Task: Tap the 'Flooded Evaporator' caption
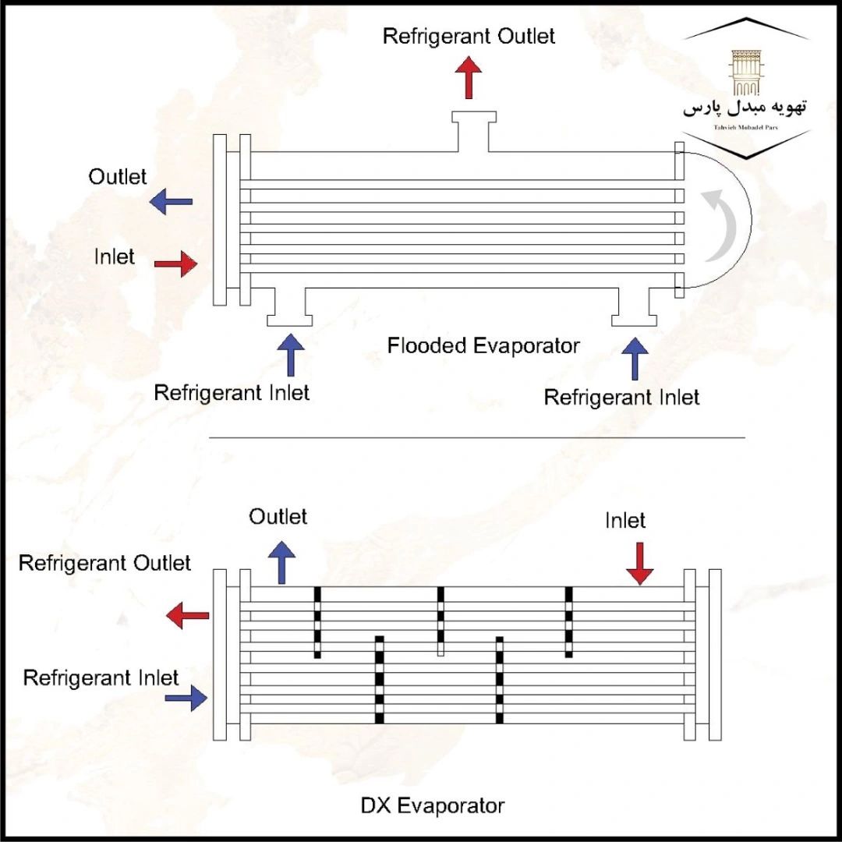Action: coord(483,345)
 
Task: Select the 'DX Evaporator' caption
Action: coord(433,805)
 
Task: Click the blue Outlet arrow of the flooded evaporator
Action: coord(172,202)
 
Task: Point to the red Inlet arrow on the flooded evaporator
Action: coord(175,264)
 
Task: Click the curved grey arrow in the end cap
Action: coord(723,225)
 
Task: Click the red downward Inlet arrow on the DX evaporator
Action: coord(640,563)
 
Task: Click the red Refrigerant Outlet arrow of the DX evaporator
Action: coord(188,616)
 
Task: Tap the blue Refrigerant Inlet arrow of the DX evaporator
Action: coord(186,698)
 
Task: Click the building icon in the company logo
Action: coord(746,73)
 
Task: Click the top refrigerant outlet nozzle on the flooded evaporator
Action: coord(472,129)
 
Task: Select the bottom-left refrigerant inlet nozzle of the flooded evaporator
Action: coord(289,307)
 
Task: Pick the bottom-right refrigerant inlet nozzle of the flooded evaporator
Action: coord(634,307)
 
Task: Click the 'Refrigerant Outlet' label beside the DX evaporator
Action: coord(104,563)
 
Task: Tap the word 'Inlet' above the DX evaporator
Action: coord(625,520)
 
